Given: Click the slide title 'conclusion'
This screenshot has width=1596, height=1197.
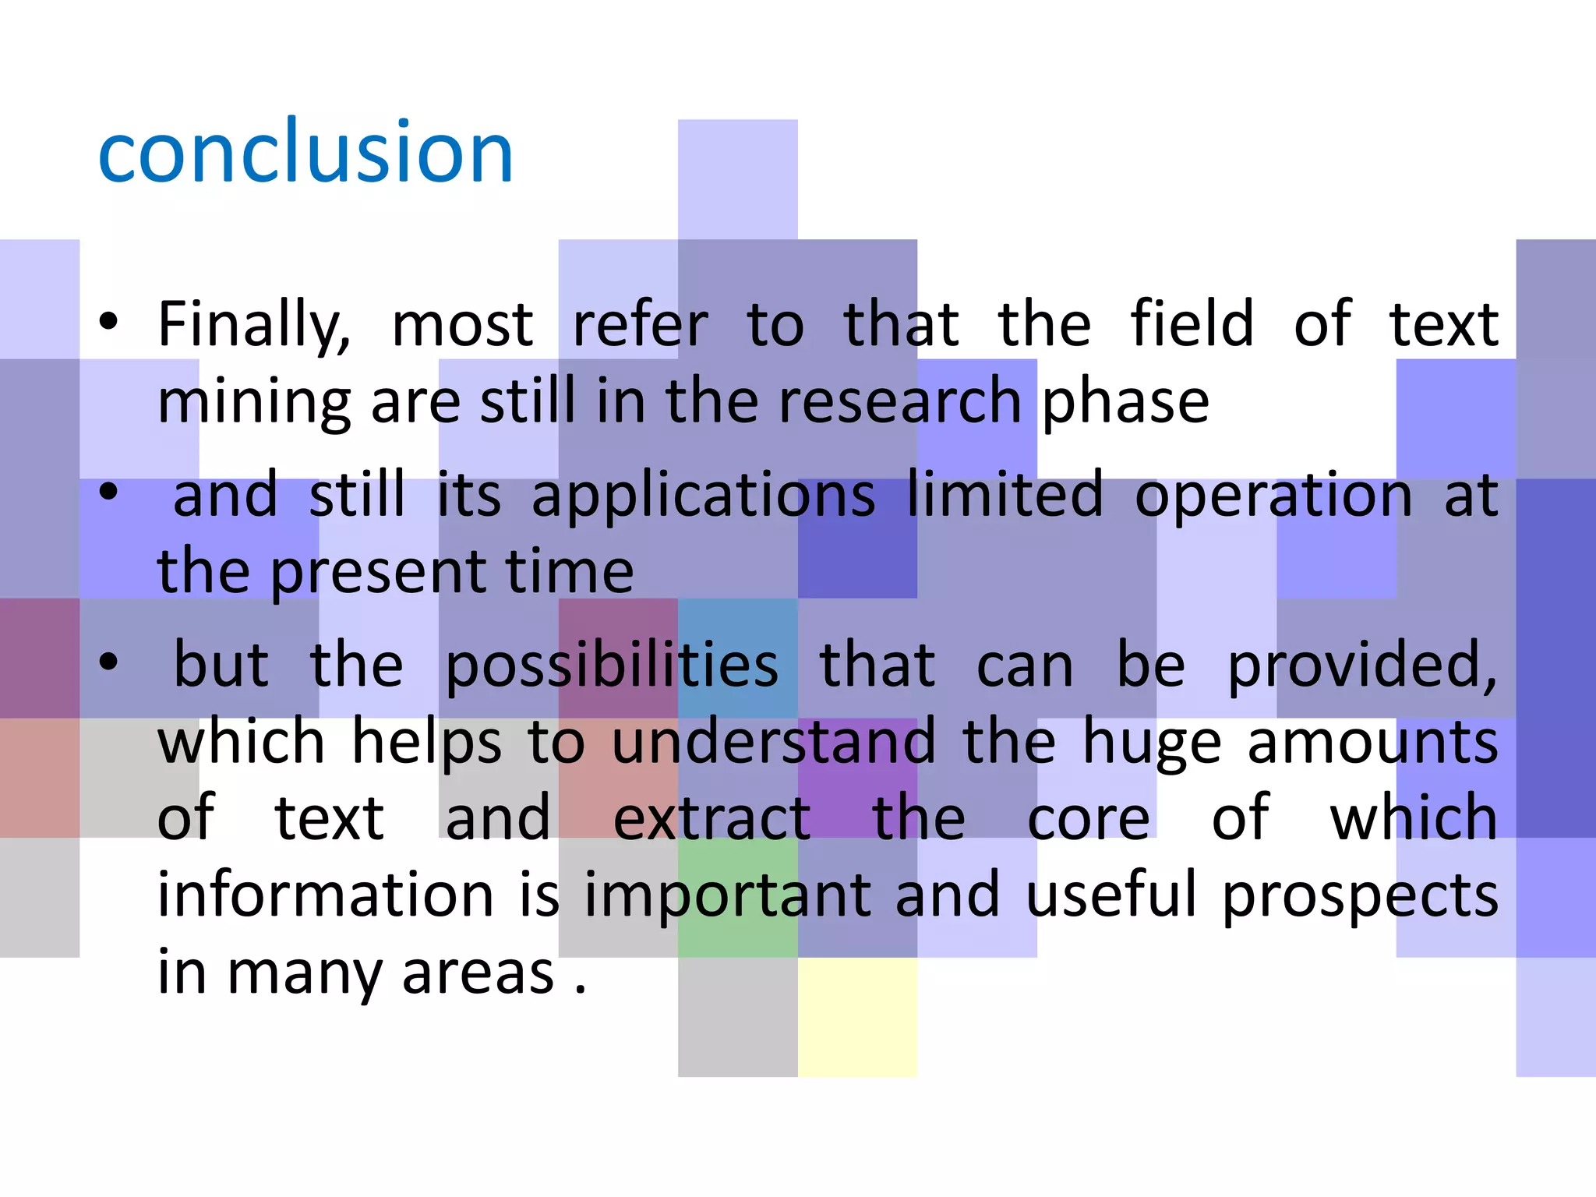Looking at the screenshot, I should click(x=305, y=152).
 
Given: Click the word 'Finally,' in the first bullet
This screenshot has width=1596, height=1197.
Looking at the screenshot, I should click(x=254, y=326).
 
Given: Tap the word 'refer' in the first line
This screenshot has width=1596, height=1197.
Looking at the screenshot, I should click(x=641, y=324).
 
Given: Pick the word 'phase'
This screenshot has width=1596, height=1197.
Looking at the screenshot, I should click(x=1125, y=404).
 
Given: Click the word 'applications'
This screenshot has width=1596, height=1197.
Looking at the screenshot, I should click(x=703, y=496).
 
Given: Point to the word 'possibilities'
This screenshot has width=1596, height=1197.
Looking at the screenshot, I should click(x=611, y=667).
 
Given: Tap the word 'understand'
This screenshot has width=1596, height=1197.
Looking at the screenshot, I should click(x=773, y=742).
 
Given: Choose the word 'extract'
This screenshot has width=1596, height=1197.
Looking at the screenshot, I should click(x=712, y=818).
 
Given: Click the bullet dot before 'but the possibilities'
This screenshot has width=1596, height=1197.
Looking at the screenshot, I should click(x=108, y=662).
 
